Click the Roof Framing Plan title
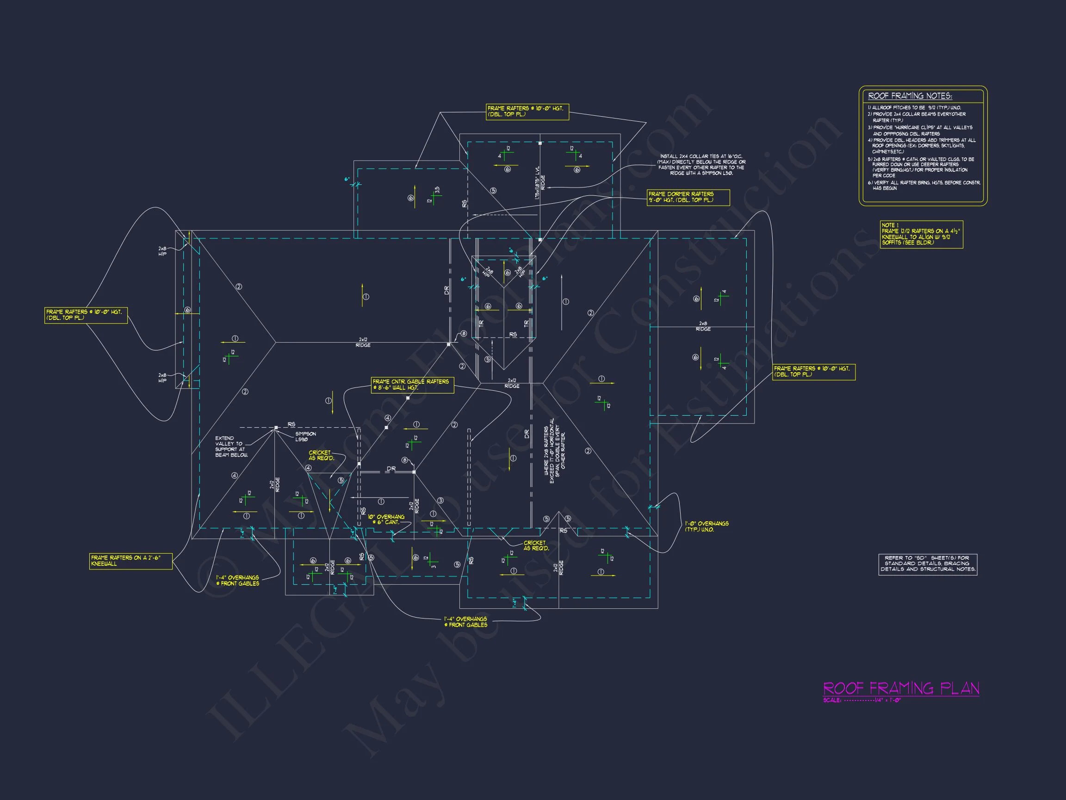[x=901, y=688]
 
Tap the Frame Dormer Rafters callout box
[x=688, y=197]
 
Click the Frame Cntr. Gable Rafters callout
[x=412, y=385]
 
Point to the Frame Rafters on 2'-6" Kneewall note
[x=130, y=561]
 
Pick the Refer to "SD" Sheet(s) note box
[x=928, y=564]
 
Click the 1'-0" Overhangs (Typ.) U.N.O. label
[x=707, y=526]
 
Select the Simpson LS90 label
[x=305, y=437]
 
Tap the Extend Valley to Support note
[x=231, y=447]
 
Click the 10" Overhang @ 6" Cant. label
[x=386, y=520]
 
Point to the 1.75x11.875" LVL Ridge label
[x=540, y=183]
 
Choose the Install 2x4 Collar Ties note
[x=701, y=164]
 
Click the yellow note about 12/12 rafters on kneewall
[x=921, y=234]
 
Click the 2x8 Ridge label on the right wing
[x=703, y=326]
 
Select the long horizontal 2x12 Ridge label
[x=363, y=343]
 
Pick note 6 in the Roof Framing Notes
[x=924, y=186]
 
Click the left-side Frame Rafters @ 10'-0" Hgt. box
[x=86, y=315]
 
